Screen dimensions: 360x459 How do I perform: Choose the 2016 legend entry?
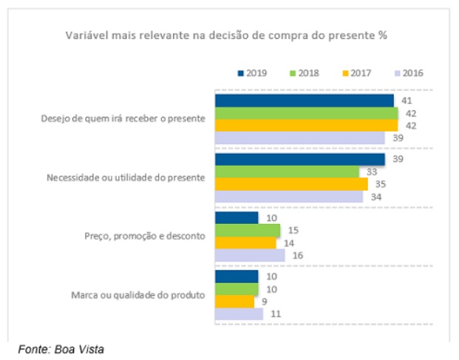click(x=409, y=73)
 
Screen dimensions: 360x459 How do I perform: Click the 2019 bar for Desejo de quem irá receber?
click(x=304, y=101)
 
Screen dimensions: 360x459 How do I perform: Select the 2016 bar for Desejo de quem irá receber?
click(x=299, y=138)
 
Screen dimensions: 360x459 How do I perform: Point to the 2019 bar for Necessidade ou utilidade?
click(x=299, y=160)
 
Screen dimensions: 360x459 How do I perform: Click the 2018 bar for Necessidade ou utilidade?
click(x=286, y=172)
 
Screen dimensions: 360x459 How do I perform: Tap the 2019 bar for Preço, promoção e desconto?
click(x=236, y=218)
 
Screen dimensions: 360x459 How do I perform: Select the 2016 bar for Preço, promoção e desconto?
click(x=249, y=256)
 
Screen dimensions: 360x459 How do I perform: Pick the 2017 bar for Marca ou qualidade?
click(x=234, y=302)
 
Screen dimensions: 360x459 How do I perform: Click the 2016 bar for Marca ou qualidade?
click(x=238, y=314)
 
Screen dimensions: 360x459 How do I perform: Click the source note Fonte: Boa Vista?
click(x=61, y=348)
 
